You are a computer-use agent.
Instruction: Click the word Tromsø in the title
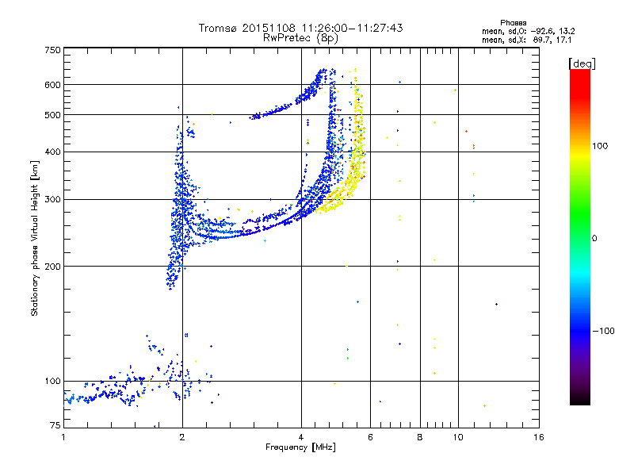click(219, 28)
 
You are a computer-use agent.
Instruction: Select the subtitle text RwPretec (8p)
click(300, 38)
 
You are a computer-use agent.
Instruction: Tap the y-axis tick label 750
click(52, 50)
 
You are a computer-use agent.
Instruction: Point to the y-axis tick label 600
click(52, 85)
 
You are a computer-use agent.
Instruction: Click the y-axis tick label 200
click(52, 267)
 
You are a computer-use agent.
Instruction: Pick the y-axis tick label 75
click(55, 425)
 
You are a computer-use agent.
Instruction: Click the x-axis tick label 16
click(539, 437)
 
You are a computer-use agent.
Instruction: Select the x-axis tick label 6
click(370, 437)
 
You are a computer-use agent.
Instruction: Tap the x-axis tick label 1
click(63, 437)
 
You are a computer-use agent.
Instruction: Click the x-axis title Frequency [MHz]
click(300, 447)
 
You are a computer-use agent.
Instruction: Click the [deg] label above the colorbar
click(582, 63)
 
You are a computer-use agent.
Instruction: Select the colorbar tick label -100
click(603, 331)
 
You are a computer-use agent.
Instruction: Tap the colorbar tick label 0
click(594, 239)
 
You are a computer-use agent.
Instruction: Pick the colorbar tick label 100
click(600, 146)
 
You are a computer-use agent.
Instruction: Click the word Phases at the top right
click(513, 23)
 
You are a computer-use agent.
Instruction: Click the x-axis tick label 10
click(458, 437)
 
